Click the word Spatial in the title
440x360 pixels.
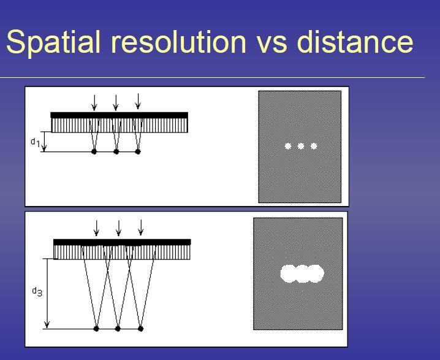[53, 42]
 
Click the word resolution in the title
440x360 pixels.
[178, 42]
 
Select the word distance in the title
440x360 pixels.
[355, 42]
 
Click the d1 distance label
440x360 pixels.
[35, 142]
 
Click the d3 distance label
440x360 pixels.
[37, 291]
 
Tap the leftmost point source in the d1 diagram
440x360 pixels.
[94, 151]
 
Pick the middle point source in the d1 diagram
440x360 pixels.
[116, 151]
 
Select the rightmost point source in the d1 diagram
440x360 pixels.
[137, 151]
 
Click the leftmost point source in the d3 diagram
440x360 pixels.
[96, 329]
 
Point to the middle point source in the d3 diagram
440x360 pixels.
[118, 329]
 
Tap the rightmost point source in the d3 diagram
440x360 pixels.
[140, 329]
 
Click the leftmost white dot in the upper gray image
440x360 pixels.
[287, 146]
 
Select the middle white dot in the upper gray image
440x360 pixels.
[301, 146]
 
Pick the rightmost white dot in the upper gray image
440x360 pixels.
[314, 146]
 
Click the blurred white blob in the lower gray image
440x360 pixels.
[302, 274]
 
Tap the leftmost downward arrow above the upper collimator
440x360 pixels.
[94, 102]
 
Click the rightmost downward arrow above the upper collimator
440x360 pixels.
[138, 101]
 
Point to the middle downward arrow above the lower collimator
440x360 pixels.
[118, 228]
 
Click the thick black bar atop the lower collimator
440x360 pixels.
[122, 242]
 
